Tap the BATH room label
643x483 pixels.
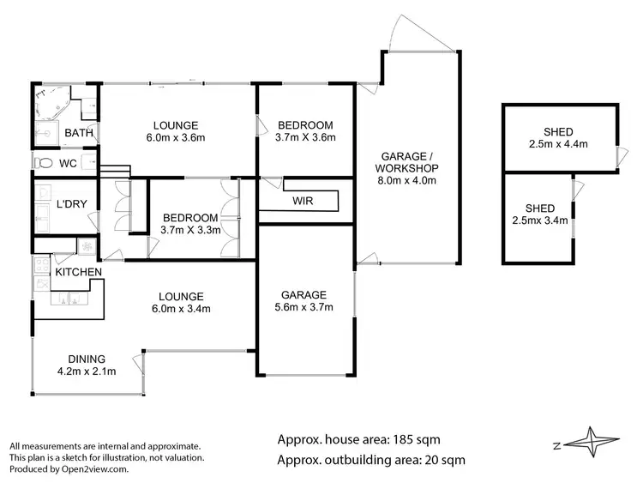tap(79, 133)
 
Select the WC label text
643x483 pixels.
tap(69, 163)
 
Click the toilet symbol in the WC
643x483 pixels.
tap(44, 163)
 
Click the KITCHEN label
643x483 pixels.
tap(79, 272)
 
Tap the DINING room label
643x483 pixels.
tap(87, 359)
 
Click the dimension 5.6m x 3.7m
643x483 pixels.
tap(303, 307)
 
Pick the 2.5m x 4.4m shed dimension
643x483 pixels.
tap(559, 144)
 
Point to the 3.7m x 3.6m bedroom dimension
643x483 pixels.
tap(304, 136)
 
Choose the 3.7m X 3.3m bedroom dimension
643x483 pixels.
tap(190, 230)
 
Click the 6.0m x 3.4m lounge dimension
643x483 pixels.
tap(181, 309)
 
